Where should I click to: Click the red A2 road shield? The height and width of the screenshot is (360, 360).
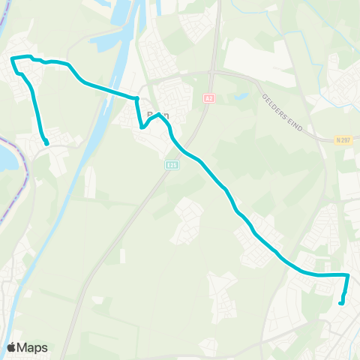pyautogui.click(x=209, y=98)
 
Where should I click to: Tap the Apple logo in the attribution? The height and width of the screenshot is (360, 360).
pyautogui.click(x=11, y=347)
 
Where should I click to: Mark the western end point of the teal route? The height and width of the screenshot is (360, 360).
pyautogui.click(x=46, y=142)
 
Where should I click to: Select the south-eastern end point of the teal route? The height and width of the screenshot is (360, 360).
pyautogui.click(x=341, y=303)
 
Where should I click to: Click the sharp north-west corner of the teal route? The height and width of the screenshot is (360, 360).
pyautogui.click(x=13, y=58)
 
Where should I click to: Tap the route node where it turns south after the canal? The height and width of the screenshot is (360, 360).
pyautogui.click(x=137, y=98)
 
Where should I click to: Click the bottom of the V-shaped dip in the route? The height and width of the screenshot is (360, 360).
pyautogui.click(x=141, y=127)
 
